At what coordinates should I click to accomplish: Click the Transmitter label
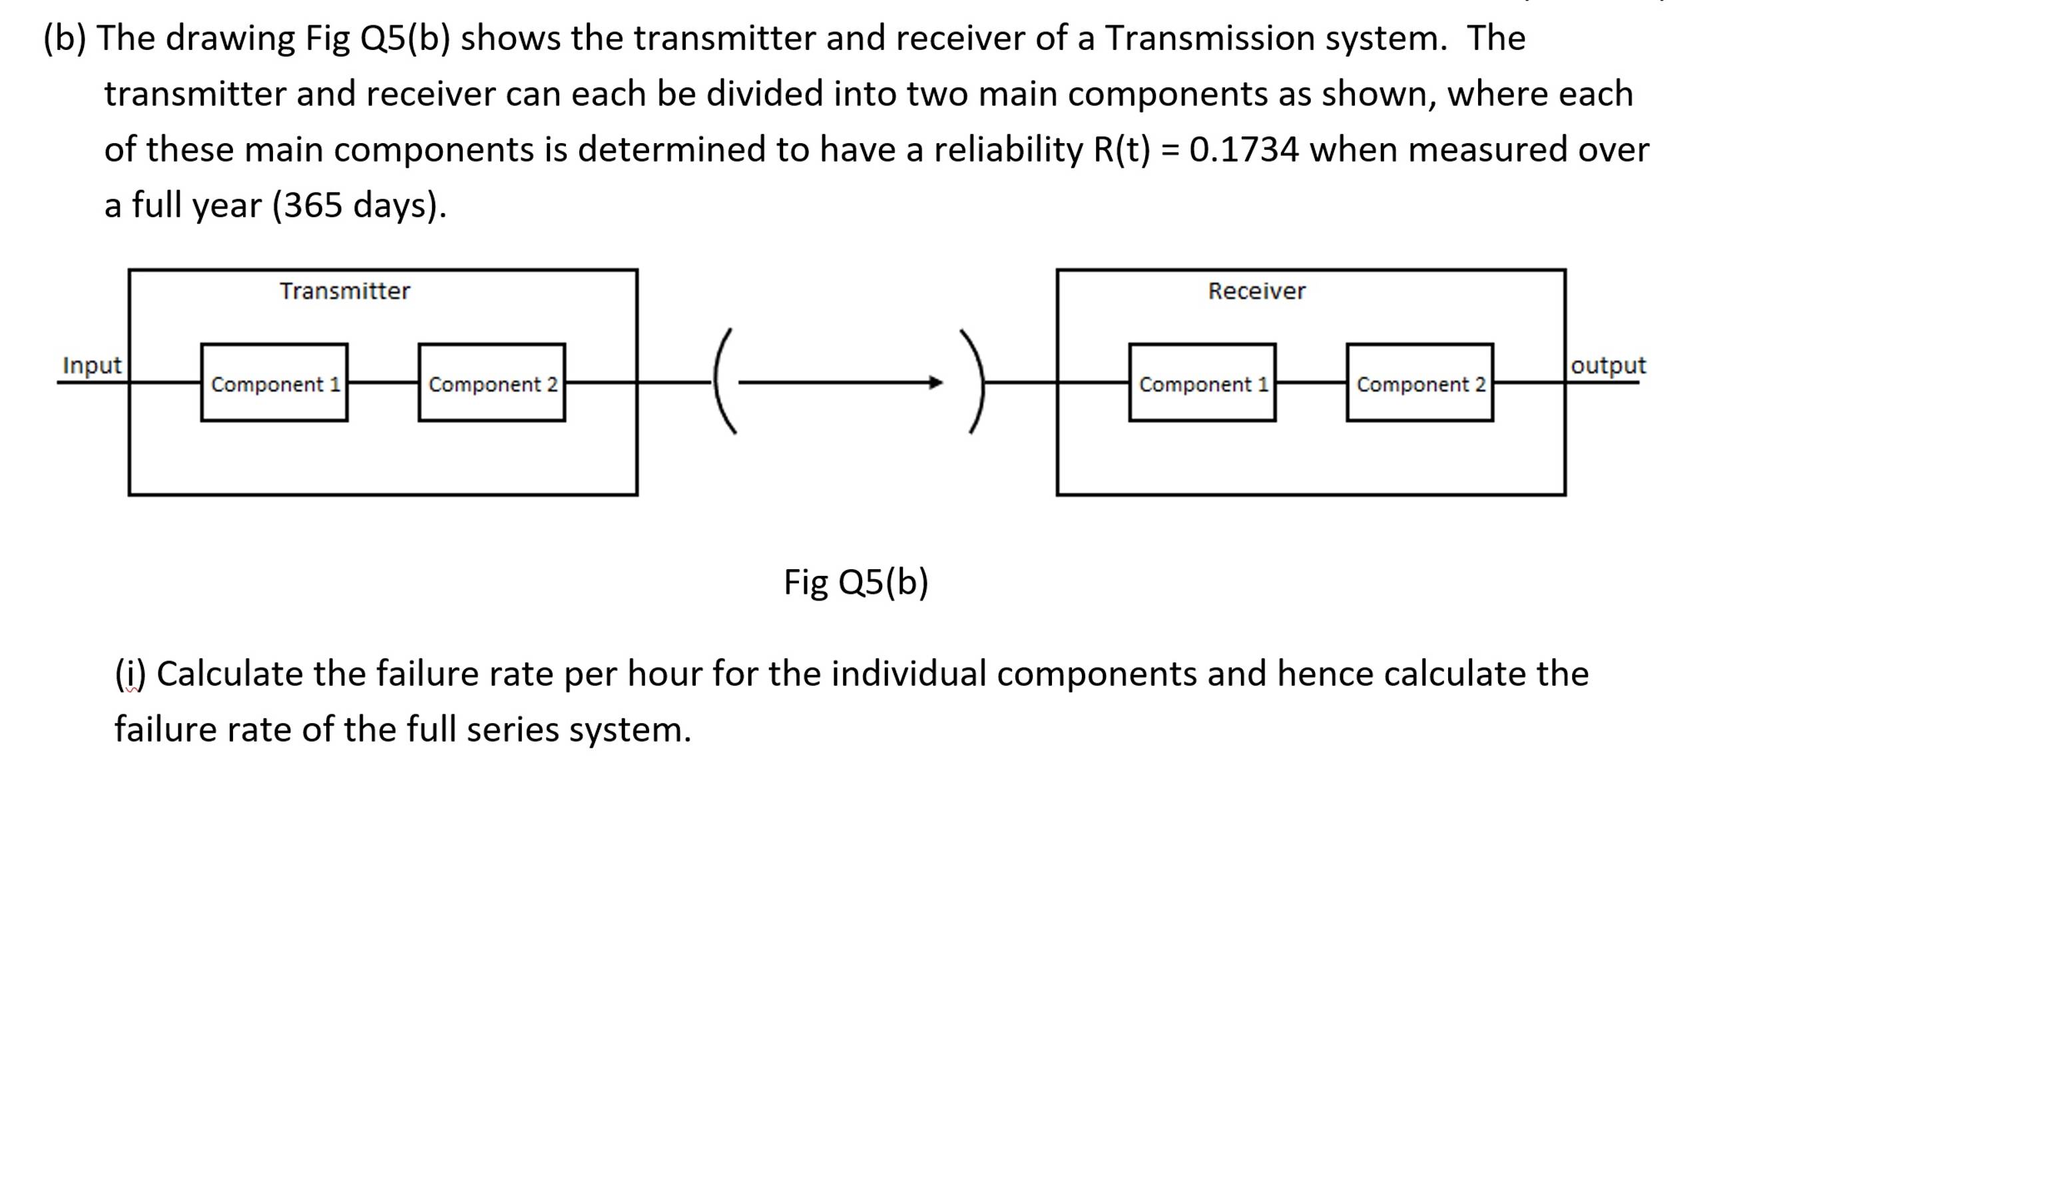345,291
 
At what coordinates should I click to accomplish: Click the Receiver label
1256,291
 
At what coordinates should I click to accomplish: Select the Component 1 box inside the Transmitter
275,383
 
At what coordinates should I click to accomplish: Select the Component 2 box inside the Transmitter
492,383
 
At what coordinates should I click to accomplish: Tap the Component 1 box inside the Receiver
1202,383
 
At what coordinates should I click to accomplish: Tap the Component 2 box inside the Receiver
1420,383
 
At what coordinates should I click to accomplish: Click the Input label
91,365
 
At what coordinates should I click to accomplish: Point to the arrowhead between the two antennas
936,382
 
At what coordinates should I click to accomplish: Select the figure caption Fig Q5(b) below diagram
856,582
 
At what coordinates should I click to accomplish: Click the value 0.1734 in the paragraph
1243,150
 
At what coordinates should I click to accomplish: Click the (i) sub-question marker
130,674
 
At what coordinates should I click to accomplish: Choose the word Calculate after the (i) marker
229,674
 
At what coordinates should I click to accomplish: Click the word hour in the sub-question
664,674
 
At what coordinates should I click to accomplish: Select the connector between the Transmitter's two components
383,382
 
